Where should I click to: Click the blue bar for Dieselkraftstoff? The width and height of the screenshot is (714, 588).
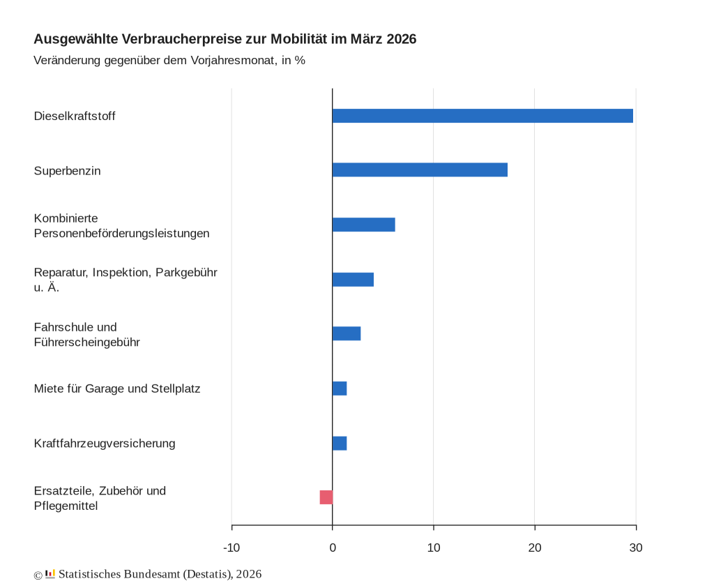483,116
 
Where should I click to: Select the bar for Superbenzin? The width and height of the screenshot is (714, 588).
420,169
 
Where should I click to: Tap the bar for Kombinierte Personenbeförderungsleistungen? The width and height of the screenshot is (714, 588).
363,225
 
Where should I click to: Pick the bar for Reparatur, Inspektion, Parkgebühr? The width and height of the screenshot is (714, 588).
353,279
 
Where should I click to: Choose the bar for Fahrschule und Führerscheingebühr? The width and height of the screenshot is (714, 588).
347,333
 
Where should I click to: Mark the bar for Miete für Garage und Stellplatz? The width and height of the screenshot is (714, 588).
340,389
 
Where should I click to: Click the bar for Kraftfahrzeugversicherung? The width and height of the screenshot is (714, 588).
340,443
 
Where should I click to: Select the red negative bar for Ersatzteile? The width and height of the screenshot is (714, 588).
326,497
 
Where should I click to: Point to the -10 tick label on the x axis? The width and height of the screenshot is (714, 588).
231,548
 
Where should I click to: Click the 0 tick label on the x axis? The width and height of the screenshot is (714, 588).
333,548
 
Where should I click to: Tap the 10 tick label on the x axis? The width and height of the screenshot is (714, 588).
434,548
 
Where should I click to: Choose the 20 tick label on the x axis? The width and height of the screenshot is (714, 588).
535,548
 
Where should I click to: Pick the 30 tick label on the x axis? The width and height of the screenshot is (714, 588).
635,548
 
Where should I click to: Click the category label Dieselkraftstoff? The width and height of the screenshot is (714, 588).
75,116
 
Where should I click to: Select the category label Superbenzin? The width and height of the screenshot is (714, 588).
67,171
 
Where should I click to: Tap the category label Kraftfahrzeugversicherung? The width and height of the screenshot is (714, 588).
105,444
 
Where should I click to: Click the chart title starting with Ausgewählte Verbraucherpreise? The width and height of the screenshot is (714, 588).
225,39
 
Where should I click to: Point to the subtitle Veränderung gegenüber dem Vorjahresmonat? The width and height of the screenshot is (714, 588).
169,60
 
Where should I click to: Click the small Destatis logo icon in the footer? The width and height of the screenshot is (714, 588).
50,574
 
